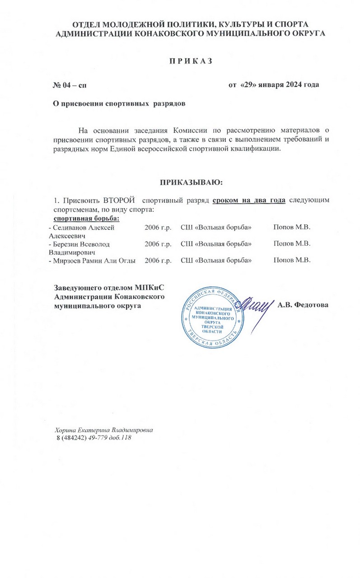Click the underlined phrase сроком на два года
tap(249, 200)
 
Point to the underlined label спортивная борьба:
tap(84, 219)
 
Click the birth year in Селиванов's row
tap(158, 227)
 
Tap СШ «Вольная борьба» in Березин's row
tap(216, 244)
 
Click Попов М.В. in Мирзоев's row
tap(292, 260)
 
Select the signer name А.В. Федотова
tap(303, 305)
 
